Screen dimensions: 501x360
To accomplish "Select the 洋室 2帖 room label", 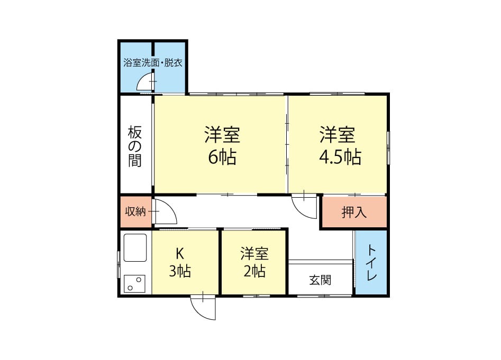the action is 254,262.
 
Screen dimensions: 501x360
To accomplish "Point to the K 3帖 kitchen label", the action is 180,262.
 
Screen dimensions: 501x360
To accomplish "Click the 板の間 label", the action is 135,146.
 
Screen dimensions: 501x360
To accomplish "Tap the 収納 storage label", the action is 135,211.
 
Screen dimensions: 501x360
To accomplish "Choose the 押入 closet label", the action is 354,212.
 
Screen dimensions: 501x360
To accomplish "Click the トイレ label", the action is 371,262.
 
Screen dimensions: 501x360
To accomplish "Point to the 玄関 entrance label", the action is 320,280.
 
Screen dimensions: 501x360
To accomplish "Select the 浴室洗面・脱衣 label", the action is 153,62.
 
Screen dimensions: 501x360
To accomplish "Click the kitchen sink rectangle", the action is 135,248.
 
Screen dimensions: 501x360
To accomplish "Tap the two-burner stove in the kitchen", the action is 134,283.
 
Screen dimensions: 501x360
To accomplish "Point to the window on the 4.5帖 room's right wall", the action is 388,148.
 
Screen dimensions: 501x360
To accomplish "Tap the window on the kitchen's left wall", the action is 119,264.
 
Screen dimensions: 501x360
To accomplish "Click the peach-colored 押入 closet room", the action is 354,212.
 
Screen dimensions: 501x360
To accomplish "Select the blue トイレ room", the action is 371,262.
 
